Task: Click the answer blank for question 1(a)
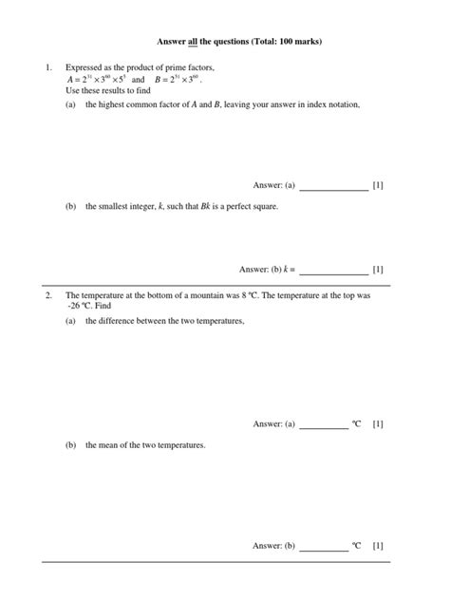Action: pos(333,186)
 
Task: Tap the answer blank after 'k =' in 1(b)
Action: pos(333,269)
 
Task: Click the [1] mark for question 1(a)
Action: pos(378,185)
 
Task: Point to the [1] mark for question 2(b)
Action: pos(378,546)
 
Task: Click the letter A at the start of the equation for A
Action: pos(69,80)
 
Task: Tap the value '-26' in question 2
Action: pos(73,308)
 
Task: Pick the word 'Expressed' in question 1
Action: pos(83,68)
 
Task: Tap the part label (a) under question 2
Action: pos(71,322)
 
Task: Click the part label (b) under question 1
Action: pos(71,205)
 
